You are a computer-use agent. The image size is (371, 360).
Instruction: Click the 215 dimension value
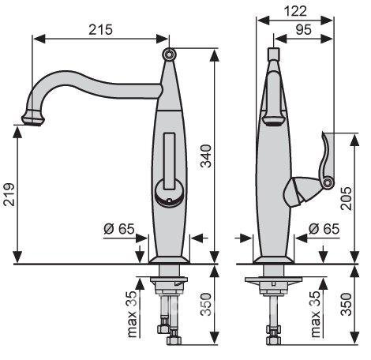pos(100,29)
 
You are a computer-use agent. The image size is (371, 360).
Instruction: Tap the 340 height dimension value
pos(206,156)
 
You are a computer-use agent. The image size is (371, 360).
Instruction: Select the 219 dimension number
pos(9,194)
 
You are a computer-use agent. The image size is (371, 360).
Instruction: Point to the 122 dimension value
pos(295,11)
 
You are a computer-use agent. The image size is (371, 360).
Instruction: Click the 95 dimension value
pos(303,29)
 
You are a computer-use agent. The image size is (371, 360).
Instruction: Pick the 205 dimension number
pos(346,198)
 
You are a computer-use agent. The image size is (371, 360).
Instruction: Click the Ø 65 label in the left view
pos(119,229)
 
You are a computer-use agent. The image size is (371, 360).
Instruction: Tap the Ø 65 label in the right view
pos(324,229)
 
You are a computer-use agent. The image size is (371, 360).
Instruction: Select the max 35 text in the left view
pos(132,314)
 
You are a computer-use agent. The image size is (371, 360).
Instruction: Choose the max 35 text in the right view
pos(316,314)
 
